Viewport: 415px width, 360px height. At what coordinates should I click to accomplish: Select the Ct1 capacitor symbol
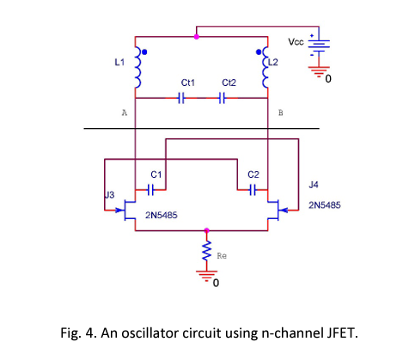[x=180, y=98]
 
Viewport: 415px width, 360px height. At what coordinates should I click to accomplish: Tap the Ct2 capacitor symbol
[x=222, y=98]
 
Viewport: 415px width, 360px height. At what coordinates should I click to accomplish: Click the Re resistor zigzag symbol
[x=206, y=251]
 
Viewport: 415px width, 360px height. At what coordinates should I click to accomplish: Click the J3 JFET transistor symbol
[x=126, y=209]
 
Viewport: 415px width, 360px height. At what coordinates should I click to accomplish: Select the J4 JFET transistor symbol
[x=276, y=209]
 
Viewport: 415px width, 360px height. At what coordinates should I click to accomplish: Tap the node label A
[x=125, y=113]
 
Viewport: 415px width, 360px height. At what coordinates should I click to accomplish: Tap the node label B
[x=281, y=113]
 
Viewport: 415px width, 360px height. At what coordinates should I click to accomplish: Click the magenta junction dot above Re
[x=206, y=230]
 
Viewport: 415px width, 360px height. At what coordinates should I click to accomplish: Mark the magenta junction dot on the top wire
[x=197, y=37]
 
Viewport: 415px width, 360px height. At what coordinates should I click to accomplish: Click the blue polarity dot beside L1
[x=145, y=52]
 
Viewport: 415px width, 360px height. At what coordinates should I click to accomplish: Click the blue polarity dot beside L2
[x=258, y=52]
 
